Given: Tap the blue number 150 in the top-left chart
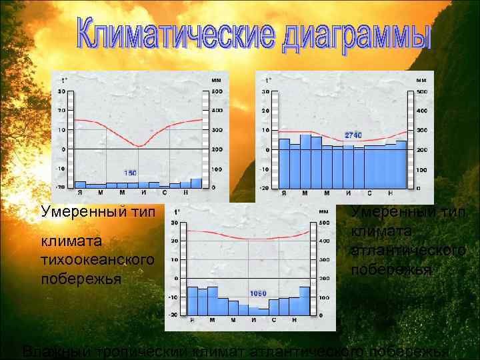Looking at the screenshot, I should (x=131, y=173).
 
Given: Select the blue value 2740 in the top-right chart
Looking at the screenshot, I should (x=353, y=135).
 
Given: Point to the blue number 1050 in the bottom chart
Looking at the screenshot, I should (x=258, y=293).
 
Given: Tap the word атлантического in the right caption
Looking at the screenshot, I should (x=408, y=251).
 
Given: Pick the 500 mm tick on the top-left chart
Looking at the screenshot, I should (x=217, y=91).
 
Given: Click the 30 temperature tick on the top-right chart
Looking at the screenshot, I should (x=265, y=91).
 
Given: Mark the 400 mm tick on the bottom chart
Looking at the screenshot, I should (x=325, y=241).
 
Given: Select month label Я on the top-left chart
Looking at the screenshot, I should (x=80, y=193).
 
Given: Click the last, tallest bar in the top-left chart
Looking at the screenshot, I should (x=196, y=183).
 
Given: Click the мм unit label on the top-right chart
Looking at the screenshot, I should (x=421, y=81).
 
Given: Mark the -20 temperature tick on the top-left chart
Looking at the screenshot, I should (x=61, y=187).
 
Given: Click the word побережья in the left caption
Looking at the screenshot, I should (x=81, y=279).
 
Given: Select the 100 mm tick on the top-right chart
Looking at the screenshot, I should (x=421, y=170).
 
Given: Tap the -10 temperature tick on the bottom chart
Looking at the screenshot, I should (x=173, y=297).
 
